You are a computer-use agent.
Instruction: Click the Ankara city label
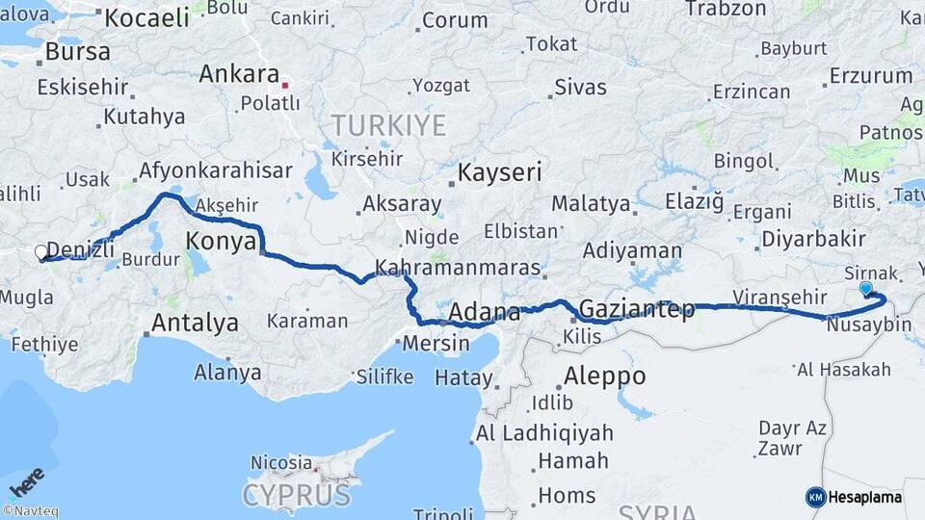[x=239, y=74]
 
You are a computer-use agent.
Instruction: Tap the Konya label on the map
[x=221, y=241]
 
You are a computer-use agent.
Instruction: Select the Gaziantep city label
[x=636, y=309]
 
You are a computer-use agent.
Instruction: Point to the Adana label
[x=484, y=312]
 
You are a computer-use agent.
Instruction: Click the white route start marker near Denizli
[x=41, y=253]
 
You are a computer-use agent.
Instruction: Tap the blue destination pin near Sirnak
[x=865, y=288]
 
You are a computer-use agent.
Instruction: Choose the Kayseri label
[x=499, y=173]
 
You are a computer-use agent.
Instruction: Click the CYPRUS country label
[x=297, y=495]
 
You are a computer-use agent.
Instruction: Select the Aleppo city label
[x=604, y=375]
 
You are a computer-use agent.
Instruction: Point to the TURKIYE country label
[x=388, y=125]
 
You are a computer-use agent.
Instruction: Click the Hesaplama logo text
[x=864, y=498]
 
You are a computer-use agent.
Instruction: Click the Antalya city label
[x=195, y=323]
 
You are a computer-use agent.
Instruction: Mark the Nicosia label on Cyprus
[x=281, y=463]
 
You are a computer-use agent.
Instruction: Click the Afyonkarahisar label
[x=215, y=170]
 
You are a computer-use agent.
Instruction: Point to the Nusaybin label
[x=868, y=325]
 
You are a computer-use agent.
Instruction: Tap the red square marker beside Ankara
[x=285, y=85]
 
